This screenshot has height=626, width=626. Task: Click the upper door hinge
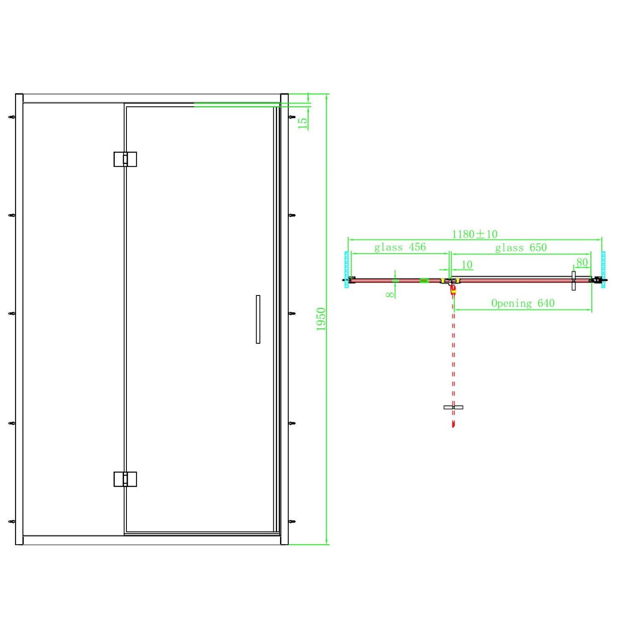(125, 159)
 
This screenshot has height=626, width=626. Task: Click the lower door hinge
(125, 479)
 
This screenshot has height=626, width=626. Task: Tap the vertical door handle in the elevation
(258, 319)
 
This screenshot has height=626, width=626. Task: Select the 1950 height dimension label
(321, 319)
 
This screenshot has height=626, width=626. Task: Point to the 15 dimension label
(303, 123)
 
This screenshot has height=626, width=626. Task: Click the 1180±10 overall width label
(475, 234)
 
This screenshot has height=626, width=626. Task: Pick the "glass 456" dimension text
(400, 247)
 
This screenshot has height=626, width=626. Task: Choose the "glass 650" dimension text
(521, 247)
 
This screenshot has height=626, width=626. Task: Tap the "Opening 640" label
(523, 303)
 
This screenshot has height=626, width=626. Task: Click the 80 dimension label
(582, 263)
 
